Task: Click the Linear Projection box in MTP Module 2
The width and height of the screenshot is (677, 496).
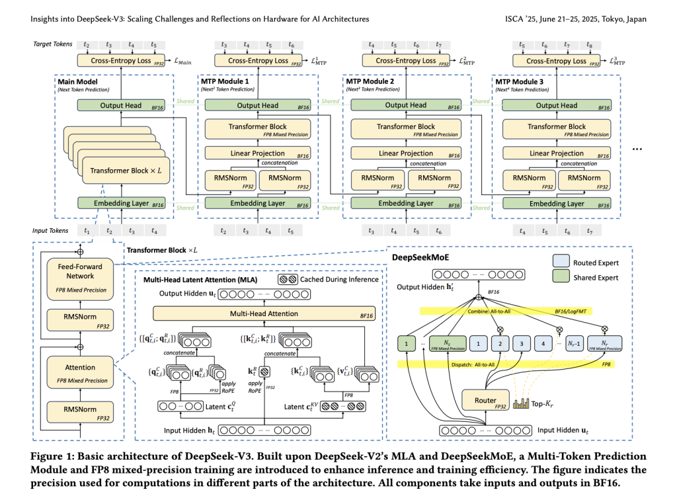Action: point(406,153)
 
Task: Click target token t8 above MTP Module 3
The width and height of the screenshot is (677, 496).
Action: point(588,45)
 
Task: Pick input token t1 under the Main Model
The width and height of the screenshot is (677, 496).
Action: point(86,231)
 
